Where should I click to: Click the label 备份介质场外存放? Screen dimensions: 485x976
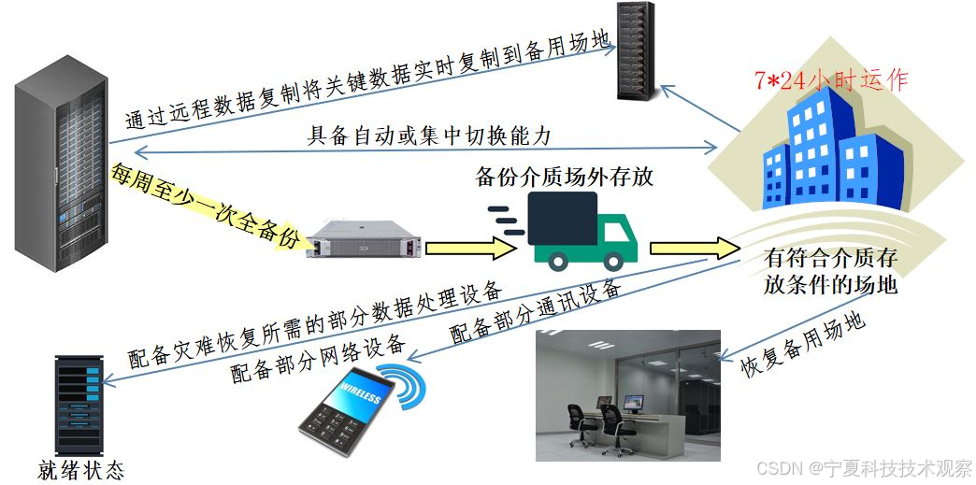565,178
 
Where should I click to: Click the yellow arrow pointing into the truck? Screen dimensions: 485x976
470,248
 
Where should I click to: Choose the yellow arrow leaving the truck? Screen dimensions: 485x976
693,247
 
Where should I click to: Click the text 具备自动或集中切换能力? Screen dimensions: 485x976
430,136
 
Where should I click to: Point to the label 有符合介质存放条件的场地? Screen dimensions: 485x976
830,271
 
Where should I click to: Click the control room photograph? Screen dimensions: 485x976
627,394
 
